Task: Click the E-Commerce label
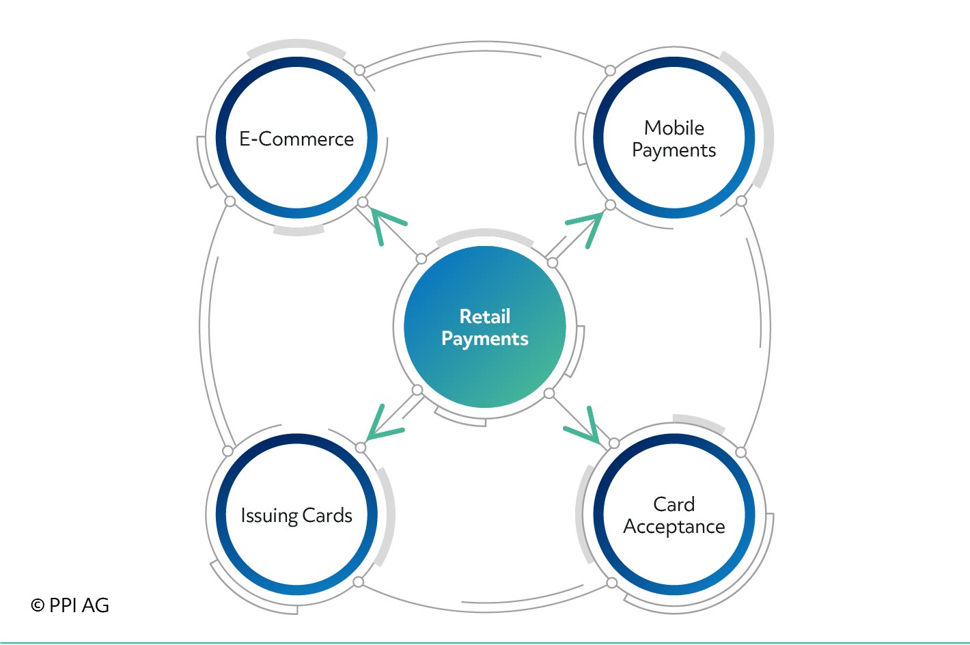[296, 139]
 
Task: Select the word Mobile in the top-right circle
[674, 128]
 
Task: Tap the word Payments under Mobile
[674, 151]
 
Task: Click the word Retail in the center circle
[485, 316]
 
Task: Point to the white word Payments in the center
[485, 339]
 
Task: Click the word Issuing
[269, 516]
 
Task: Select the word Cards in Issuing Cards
[327, 515]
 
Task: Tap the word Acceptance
[674, 527]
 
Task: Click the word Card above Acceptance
[674, 504]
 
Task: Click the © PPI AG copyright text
[70, 605]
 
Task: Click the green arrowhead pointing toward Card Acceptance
[584, 426]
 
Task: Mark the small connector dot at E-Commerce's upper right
[360, 70]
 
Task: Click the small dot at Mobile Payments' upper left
[610, 70]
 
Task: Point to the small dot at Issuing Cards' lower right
[359, 581]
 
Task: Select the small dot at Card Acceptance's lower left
[612, 583]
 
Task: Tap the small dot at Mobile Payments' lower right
[742, 201]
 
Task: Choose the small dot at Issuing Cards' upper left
[227, 451]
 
